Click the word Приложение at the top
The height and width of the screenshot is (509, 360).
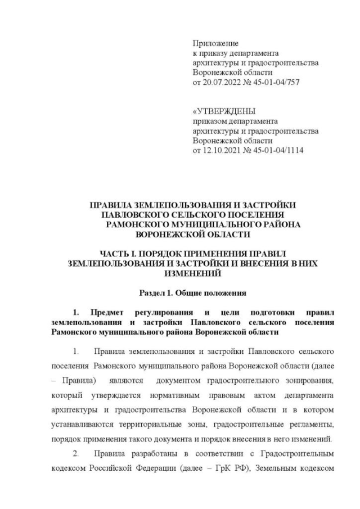pos(215,43)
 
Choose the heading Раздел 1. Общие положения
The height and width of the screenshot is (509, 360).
pos(193,293)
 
